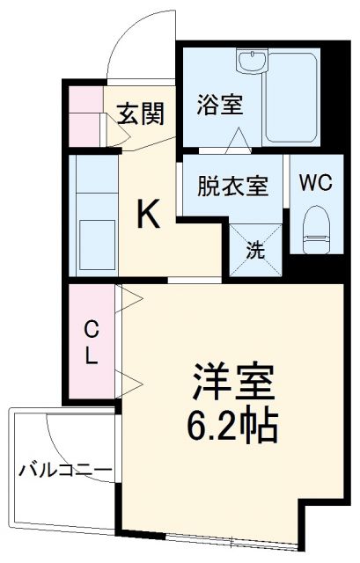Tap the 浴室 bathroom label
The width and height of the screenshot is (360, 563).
[x=216, y=105]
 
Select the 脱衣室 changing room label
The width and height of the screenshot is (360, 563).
[x=231, y=186]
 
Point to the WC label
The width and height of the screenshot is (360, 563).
[x=315, y=184]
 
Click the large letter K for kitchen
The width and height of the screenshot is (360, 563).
[x=148, y=215]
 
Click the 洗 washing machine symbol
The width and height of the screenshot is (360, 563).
[x=253, y=249]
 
